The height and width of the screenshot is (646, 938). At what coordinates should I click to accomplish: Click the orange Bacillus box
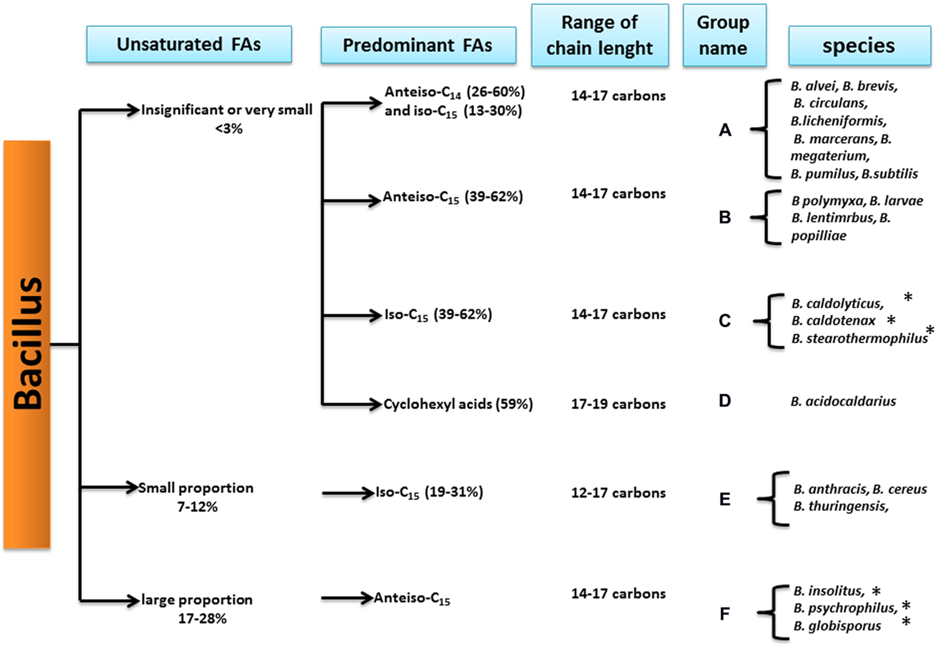[27, 345]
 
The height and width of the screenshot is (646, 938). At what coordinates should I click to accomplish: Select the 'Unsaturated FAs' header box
[189, 44]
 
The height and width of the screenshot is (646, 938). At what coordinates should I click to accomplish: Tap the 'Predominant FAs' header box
[418, 45]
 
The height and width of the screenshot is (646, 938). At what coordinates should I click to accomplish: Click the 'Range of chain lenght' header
[600, 35]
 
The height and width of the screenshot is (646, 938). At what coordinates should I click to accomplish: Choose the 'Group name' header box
[724, 35]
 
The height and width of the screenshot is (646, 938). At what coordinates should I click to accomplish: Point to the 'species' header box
[859, 46]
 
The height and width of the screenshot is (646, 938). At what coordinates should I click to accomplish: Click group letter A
[725, 130]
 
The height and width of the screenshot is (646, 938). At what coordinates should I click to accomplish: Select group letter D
[725, 401]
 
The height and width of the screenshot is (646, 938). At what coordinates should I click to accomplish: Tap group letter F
[725, 614]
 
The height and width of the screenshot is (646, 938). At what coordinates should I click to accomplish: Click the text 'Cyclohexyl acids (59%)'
[458, 405]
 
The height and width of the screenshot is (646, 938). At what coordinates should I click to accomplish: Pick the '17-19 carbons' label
[618, 405]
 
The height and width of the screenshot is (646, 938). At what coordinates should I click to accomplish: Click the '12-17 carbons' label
[618, 493]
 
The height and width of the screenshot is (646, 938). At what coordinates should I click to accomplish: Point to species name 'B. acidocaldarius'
[843, 401]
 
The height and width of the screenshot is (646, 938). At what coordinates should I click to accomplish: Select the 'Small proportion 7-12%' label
[196, 497]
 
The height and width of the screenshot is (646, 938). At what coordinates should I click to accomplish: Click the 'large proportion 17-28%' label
[198, 608]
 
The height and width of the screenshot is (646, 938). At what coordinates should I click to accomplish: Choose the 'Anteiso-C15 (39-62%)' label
[453, 198]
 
